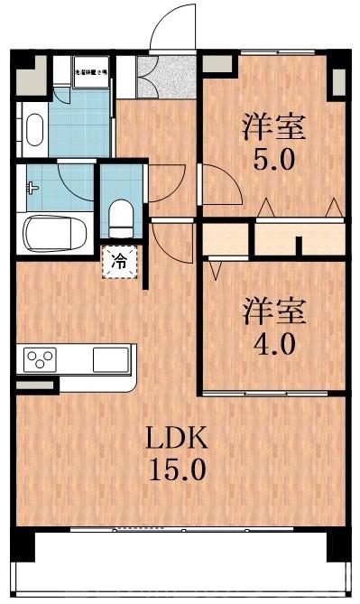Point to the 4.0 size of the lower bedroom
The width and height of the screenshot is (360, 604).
pyautogui.click(x=272, y=345)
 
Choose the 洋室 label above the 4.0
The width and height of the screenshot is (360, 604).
pyautogui.click(x=272, y=312)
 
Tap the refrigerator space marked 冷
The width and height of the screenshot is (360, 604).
pyautogui.click(x=119, y=261)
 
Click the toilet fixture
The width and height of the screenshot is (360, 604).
pyautogui.click(x=119, y=216)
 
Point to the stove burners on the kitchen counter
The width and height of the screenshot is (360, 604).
pyautogui.click(x=41, y=358)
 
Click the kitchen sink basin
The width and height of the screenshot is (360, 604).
pyautogui.click(x=110, y=358)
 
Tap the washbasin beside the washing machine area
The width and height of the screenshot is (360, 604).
pyautogui.click(x=34, y=127)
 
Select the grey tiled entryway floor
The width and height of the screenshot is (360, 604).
pyautogui.click(x=166, y=79)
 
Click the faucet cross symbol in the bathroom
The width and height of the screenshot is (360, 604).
pyautogui.click(x=32, y=189)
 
